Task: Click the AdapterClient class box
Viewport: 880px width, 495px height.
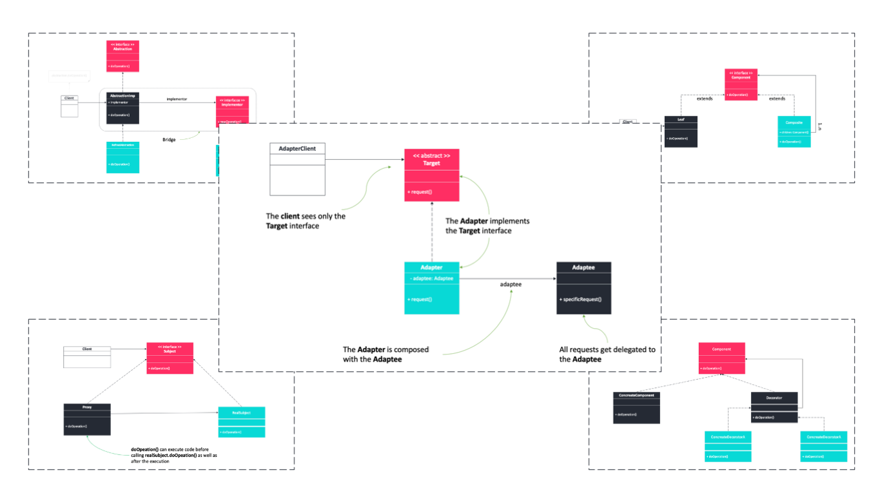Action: pyautogui.click(x=297, y=169)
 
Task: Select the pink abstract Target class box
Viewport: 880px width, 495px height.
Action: pyautogui.click(x=432, y=175)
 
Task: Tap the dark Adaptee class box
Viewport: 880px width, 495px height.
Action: pyautogui.click(x=584, y=287)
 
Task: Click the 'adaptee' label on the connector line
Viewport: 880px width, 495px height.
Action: pyautogui.click(x=511, y=284)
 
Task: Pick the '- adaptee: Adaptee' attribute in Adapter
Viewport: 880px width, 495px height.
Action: pyautogui.click(x=431, y=278)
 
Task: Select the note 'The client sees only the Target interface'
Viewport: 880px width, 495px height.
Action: pyautogui.click(x=306, y=221)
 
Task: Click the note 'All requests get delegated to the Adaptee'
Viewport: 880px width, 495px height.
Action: pyautogui.click(x=607, y=354)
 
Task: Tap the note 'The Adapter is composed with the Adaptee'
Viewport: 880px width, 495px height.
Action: pyautogui.click(x=386, y=354)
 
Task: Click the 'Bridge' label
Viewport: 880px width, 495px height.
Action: pyautogui.click(x=169, y=139)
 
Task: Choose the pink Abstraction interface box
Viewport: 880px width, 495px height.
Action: pyautogui.click(x=122, y=56)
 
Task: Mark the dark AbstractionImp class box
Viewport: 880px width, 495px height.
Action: pyautogui.click(x=122, y=107)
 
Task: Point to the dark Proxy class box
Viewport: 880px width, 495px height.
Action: pyautogui.click(x=87, y=420)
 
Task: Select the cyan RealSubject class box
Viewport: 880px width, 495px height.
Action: pyautogui.click(x=242, y=422)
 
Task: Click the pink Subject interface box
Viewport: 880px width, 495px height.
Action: pyautogui.click(x=170, y=358)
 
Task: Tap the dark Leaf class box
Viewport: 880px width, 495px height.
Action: pyautogui.click(x=681, y=131)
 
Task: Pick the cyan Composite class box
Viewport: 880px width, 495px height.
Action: pyautogui.click(x=794, y=131)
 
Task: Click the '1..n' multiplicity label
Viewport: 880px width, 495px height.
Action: pyautogui.click(x=819, y=127)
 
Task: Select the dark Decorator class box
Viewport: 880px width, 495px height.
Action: pyautogui.click(x=774, y=407)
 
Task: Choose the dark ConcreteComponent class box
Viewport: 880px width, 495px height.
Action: pyautogui.click(x=636, y=407)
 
